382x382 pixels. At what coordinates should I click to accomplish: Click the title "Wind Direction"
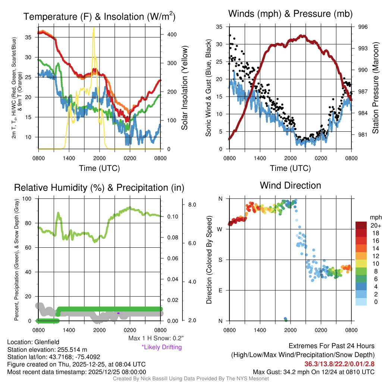tap(290, 185)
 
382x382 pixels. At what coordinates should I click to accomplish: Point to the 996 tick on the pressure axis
tap(363, 27)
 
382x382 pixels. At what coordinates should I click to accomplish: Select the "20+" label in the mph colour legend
tap(375, 225)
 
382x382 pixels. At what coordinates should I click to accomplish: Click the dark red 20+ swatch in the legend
tap(362, 225)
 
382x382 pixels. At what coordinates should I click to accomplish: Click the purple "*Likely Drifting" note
tap(162, 347)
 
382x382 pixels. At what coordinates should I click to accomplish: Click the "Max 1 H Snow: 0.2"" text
tap(156, 338)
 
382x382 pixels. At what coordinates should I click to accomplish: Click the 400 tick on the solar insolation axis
tap(171, 34)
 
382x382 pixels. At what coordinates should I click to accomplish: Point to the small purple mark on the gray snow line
tap(118, 313)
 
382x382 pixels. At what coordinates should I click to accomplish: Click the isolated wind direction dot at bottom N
tap(286, 319)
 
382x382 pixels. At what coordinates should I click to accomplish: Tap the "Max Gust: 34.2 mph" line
tap(313, 372)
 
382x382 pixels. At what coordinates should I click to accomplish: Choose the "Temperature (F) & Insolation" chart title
tap(99, 17)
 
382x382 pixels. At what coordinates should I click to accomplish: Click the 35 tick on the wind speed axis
tap(219, 27)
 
